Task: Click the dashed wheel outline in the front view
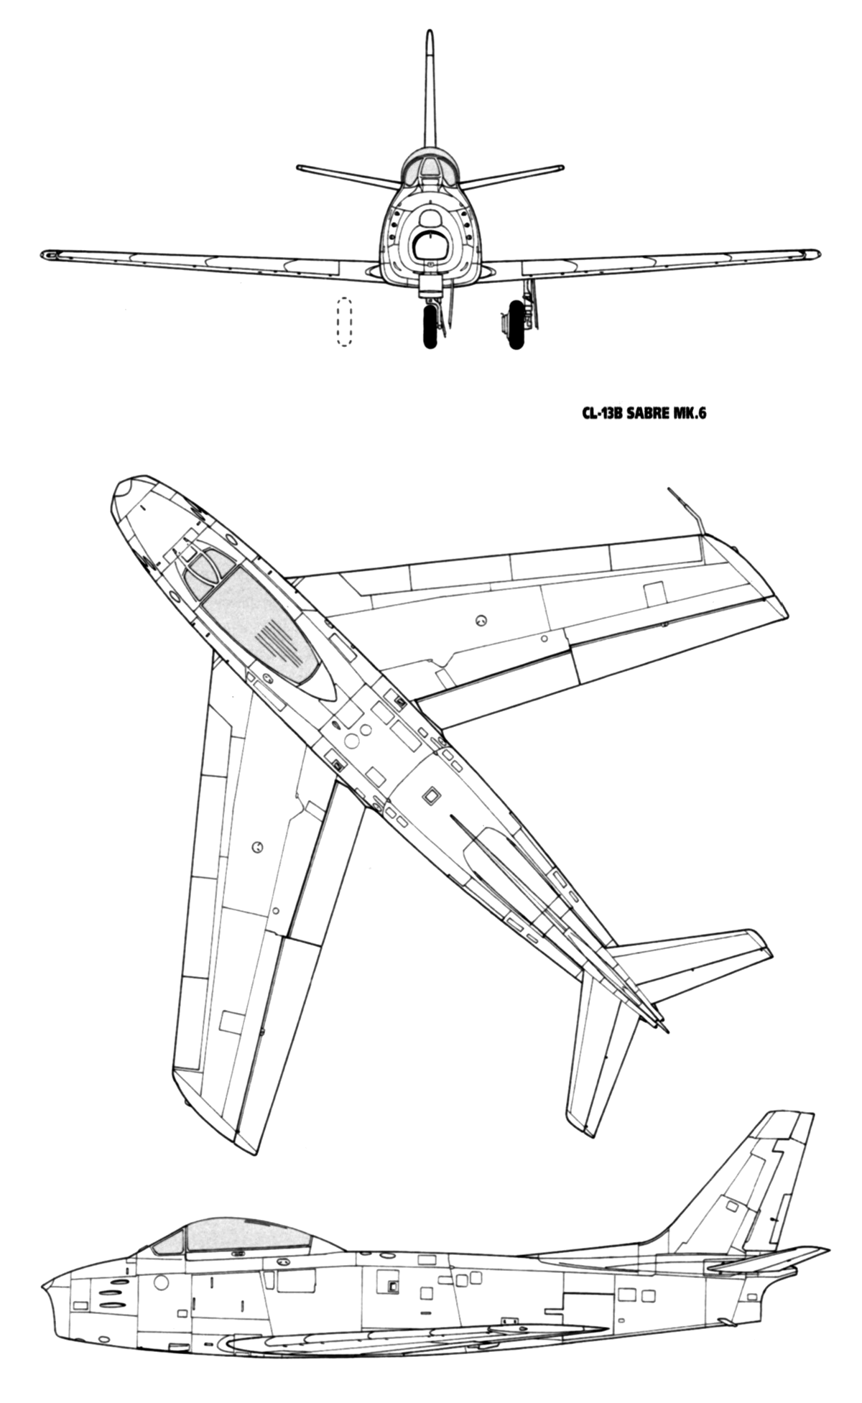pyautogui.click(x=344, y=322)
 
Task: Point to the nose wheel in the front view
pyautogui.click(x=430, y=326)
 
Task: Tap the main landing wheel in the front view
pyautogui.click(x=516, y=325)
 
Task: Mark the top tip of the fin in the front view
pyautogui.click(x=430, y=32)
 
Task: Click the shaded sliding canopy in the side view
pyautogui.click(x=249, y=1233)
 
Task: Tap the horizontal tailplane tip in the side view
pyautogui.click(x=826, y=1250)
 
